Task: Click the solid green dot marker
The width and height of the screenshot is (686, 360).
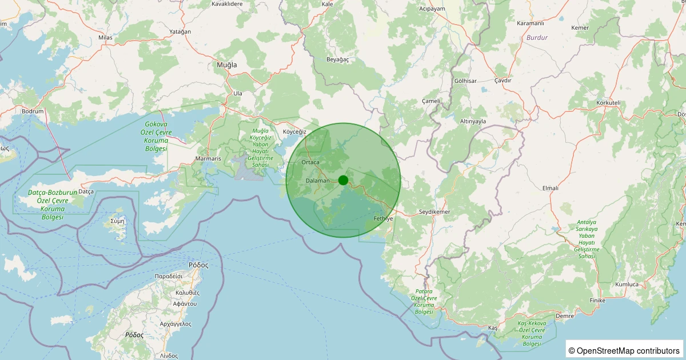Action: [x=343, y=180]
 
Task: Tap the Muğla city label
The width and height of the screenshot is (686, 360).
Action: [x=226, y=65]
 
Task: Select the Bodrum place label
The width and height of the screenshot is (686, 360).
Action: [x=32, y=111]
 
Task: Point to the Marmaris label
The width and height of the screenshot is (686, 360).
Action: [x=208, y=158]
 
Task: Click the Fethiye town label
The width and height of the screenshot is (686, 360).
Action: [x=383, y=219]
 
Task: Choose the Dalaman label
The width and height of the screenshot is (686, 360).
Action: [x=318, y=181]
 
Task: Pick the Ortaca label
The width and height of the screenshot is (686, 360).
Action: [x=310, y=163]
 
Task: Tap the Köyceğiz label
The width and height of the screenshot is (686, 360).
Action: [x=295, y=131]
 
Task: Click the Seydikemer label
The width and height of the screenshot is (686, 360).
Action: [x=434, y=212]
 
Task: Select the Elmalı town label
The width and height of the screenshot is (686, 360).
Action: [x=550, y=188]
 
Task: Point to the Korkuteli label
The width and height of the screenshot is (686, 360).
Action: [x=608, y=103]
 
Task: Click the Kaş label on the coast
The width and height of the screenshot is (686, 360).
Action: [x=493, y=328]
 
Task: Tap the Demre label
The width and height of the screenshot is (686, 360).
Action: [x=565, y=315]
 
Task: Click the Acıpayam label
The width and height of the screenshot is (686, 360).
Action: [x=432, y=9]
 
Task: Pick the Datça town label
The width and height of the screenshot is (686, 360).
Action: [x=85, y=191]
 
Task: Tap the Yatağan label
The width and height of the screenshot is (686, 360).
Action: [x=180, y=32]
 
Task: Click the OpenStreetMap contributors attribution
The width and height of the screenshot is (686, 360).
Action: [x=624, y=350]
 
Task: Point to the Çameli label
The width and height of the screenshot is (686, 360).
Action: [x=430, y=101]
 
